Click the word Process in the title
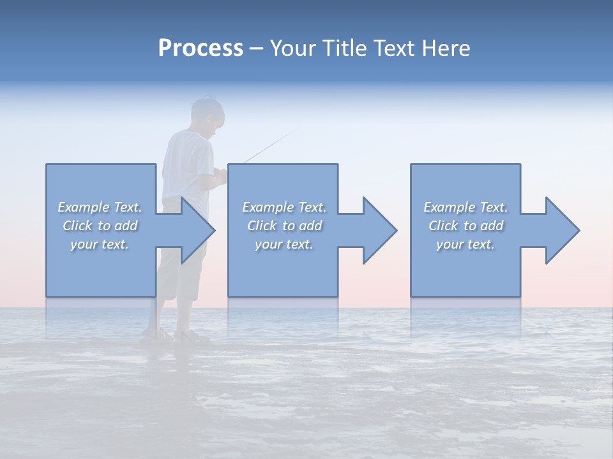(x=201, y=48)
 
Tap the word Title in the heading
(x=343, y=48)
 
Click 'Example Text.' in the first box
(x=100, y=207)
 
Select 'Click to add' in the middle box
(x=284, y=226)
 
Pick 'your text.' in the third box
(x=465, y=244)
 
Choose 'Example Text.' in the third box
(x=465, y=207)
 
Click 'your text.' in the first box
(x=100, y=244)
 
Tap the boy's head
(x=208, y=115)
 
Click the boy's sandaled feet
(x=176, y=335)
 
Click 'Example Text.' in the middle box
(x=284, y=207)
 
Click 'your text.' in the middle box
(x=284, y=244)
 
